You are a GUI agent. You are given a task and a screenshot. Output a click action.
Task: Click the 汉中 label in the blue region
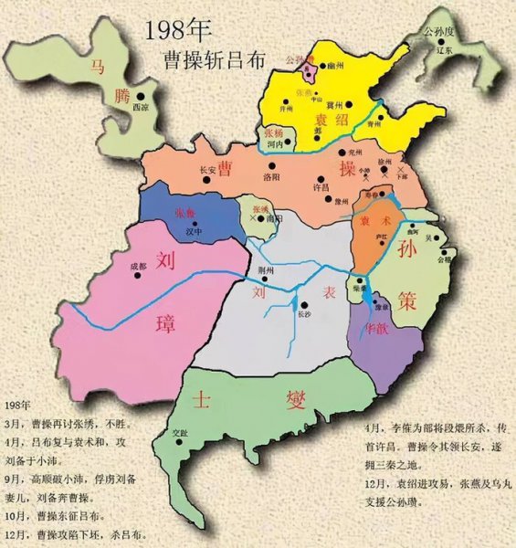(x=192, y=232)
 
